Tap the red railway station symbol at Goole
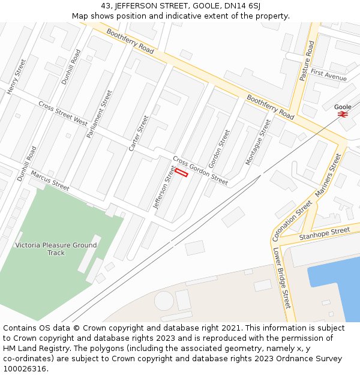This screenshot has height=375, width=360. click(343, 114)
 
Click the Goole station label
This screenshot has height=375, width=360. click(343, 107)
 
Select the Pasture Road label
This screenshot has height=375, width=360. click(307, 61)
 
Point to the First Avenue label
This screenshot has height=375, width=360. click(329, 75)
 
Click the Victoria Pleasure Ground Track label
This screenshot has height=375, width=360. click(56, 249)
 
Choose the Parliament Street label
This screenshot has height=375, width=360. click(100, 114)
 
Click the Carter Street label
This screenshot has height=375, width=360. click(139, 133)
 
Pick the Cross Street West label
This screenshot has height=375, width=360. click(63, 113)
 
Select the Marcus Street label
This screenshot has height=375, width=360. click(50, 178)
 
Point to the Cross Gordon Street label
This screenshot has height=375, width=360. click(200, 170)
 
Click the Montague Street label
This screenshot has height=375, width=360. click(258, 142)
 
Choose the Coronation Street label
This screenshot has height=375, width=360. click(292, 220)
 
